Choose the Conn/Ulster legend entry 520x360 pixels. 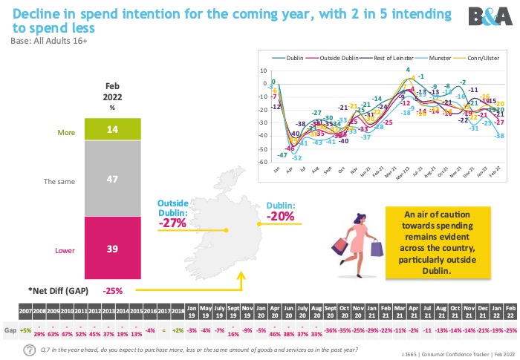pos(475,56)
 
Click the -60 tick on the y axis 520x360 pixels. pos(262,162)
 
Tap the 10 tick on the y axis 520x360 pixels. pos(263,71)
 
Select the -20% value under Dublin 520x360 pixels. pos(280,216)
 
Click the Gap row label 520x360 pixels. pos(10,330)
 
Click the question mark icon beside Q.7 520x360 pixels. pos(29,349)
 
